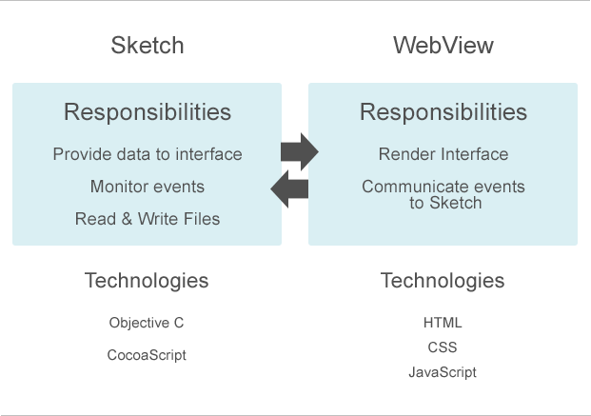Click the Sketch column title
148,46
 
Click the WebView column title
443,46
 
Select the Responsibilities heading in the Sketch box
148,112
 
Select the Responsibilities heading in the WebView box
443,112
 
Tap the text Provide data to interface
148,154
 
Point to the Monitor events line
148,187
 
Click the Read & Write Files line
148,219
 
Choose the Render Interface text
443,154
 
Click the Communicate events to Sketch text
443,194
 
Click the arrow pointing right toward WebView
299,151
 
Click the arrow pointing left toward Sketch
289,188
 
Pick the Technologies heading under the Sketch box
147,281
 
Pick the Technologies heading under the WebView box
443,281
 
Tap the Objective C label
147,323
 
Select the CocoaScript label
147,355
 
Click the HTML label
443,323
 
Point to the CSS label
443,347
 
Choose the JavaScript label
443,372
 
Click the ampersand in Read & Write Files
121,219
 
